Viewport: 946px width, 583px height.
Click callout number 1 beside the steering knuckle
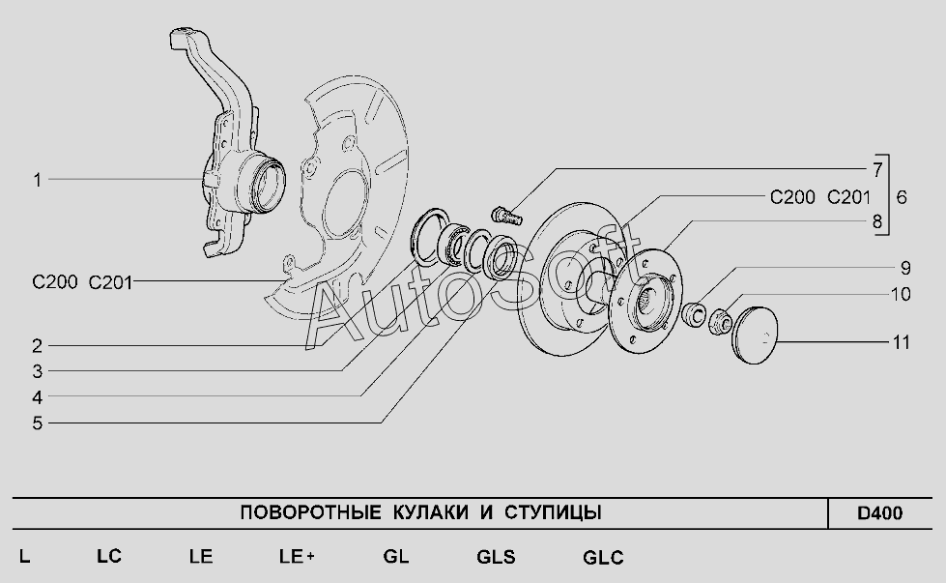tap(37, 179)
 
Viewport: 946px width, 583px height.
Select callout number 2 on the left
tap(37, 345)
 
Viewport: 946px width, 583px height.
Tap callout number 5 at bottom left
tap(37, 423)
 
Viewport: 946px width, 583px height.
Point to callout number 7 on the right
tap(876, 170)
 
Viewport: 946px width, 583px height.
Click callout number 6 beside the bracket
tap(902, 197)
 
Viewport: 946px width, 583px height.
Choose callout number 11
tap(902, 342)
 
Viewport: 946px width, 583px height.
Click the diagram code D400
tap(879, 513)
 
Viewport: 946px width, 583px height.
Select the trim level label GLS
tap(496, 557)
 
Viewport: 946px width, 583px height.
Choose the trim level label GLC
tap(603, 558)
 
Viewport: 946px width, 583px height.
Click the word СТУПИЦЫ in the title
tap(553, 512)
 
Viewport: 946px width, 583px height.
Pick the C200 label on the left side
tap(54, 282)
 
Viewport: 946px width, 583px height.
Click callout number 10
tap(901, 294)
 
